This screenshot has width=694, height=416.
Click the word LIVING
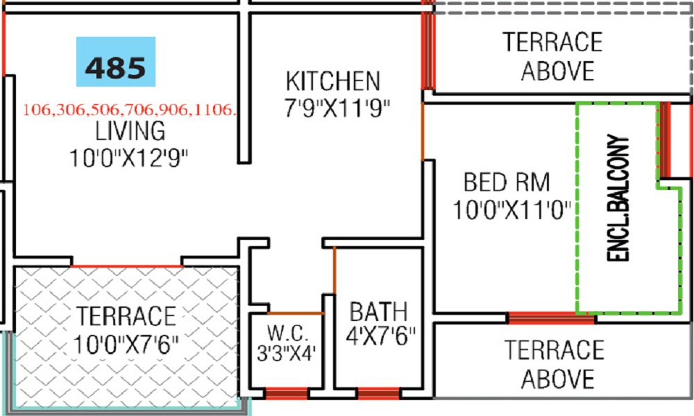[130, 130]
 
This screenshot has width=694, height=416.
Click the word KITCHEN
[332, 81]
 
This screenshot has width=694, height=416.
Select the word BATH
[378, 311]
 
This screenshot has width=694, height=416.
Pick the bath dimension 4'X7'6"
[382, 337]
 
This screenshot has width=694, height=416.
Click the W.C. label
[285, 329]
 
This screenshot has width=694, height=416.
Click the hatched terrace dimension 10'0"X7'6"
[126, 343]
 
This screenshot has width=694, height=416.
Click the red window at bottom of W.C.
[286, 394]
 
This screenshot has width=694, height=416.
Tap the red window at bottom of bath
[378, 394]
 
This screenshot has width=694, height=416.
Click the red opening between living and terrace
[126, 265]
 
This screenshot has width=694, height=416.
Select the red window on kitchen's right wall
[428, 49]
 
